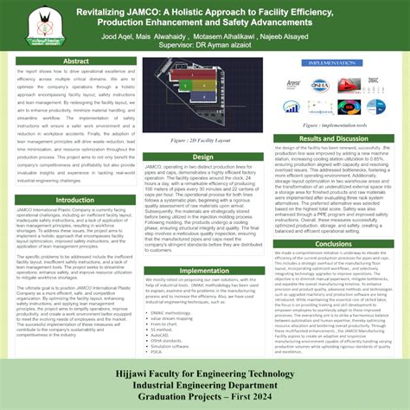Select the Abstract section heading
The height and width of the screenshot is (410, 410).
(76, 61)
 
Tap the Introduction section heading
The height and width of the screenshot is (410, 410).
(75, 200)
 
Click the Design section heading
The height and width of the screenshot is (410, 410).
(203, 157)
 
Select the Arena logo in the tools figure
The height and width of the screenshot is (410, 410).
(295, 84)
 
